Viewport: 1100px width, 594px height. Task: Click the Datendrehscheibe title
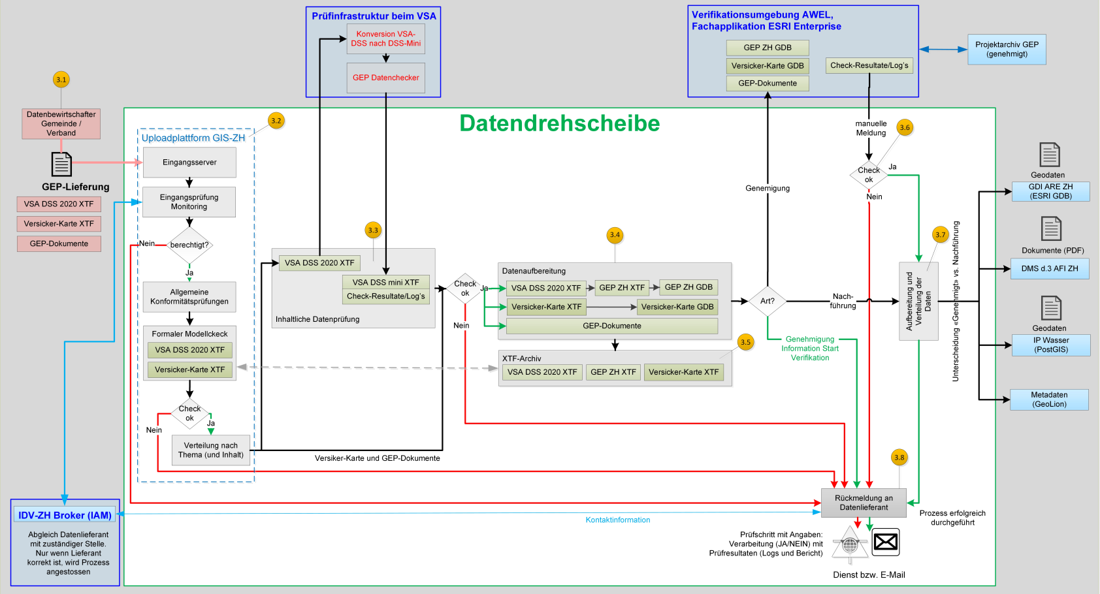559,123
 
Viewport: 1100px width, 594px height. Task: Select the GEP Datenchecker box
385,78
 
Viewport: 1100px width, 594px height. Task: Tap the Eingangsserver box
189,163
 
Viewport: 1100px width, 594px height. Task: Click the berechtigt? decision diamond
189,245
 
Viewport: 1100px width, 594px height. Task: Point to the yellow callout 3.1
61,80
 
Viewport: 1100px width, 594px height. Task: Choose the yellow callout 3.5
745,342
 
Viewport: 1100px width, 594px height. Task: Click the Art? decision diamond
767,301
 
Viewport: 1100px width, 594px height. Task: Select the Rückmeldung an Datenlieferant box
864,503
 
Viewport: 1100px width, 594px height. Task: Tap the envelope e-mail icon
886,542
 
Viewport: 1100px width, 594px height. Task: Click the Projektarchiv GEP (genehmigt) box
1007,50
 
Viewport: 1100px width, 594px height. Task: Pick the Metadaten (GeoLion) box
1049,399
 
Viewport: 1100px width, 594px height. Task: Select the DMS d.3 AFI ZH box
1050,268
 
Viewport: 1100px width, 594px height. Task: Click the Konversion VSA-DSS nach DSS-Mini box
385,39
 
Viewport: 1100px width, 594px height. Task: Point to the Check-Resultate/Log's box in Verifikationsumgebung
869,65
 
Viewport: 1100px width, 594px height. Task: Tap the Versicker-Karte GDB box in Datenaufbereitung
677,307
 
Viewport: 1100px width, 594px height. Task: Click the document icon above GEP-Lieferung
61,164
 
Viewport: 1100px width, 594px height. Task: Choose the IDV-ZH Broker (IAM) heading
65,515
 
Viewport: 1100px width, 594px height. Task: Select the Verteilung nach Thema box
210,450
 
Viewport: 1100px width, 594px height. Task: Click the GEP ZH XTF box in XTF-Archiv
613,372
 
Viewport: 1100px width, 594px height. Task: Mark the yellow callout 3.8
899,458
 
